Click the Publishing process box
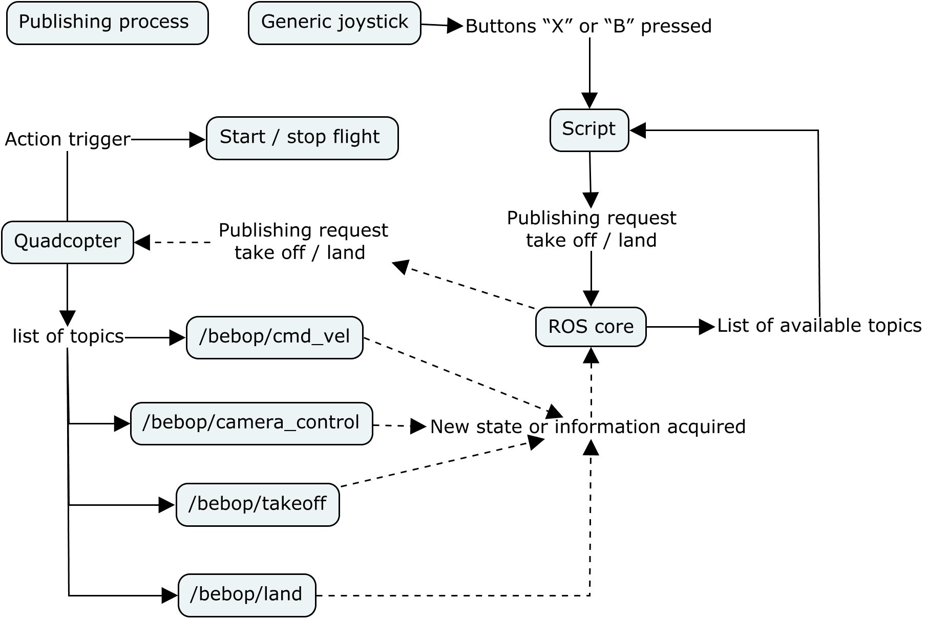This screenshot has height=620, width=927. point(107,23)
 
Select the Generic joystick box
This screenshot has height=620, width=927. point(334,23)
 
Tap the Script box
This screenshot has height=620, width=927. point(589,130)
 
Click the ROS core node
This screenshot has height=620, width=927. point(591,327)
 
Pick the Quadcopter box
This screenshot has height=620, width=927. point(68,242)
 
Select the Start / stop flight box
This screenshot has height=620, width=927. point(302,138)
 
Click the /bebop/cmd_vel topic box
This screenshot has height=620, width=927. point(275,337)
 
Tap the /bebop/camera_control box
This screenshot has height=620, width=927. point(251,423)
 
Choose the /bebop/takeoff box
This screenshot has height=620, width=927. point(258,505)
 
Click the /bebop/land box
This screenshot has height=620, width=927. point(247,595)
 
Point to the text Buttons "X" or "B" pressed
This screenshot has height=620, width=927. point(588,26)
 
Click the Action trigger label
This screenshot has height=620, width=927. point(68,139)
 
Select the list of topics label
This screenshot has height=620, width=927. point(68,336)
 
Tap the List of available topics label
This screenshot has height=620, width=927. point(818,326)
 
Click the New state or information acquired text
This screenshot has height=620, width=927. point(587,426)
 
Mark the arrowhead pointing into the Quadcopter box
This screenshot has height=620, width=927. point(142,242)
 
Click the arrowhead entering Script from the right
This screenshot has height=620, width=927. point(638,130)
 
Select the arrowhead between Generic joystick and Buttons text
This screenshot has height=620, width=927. point(454,26)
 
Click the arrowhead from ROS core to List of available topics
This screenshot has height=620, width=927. point(707,327)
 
